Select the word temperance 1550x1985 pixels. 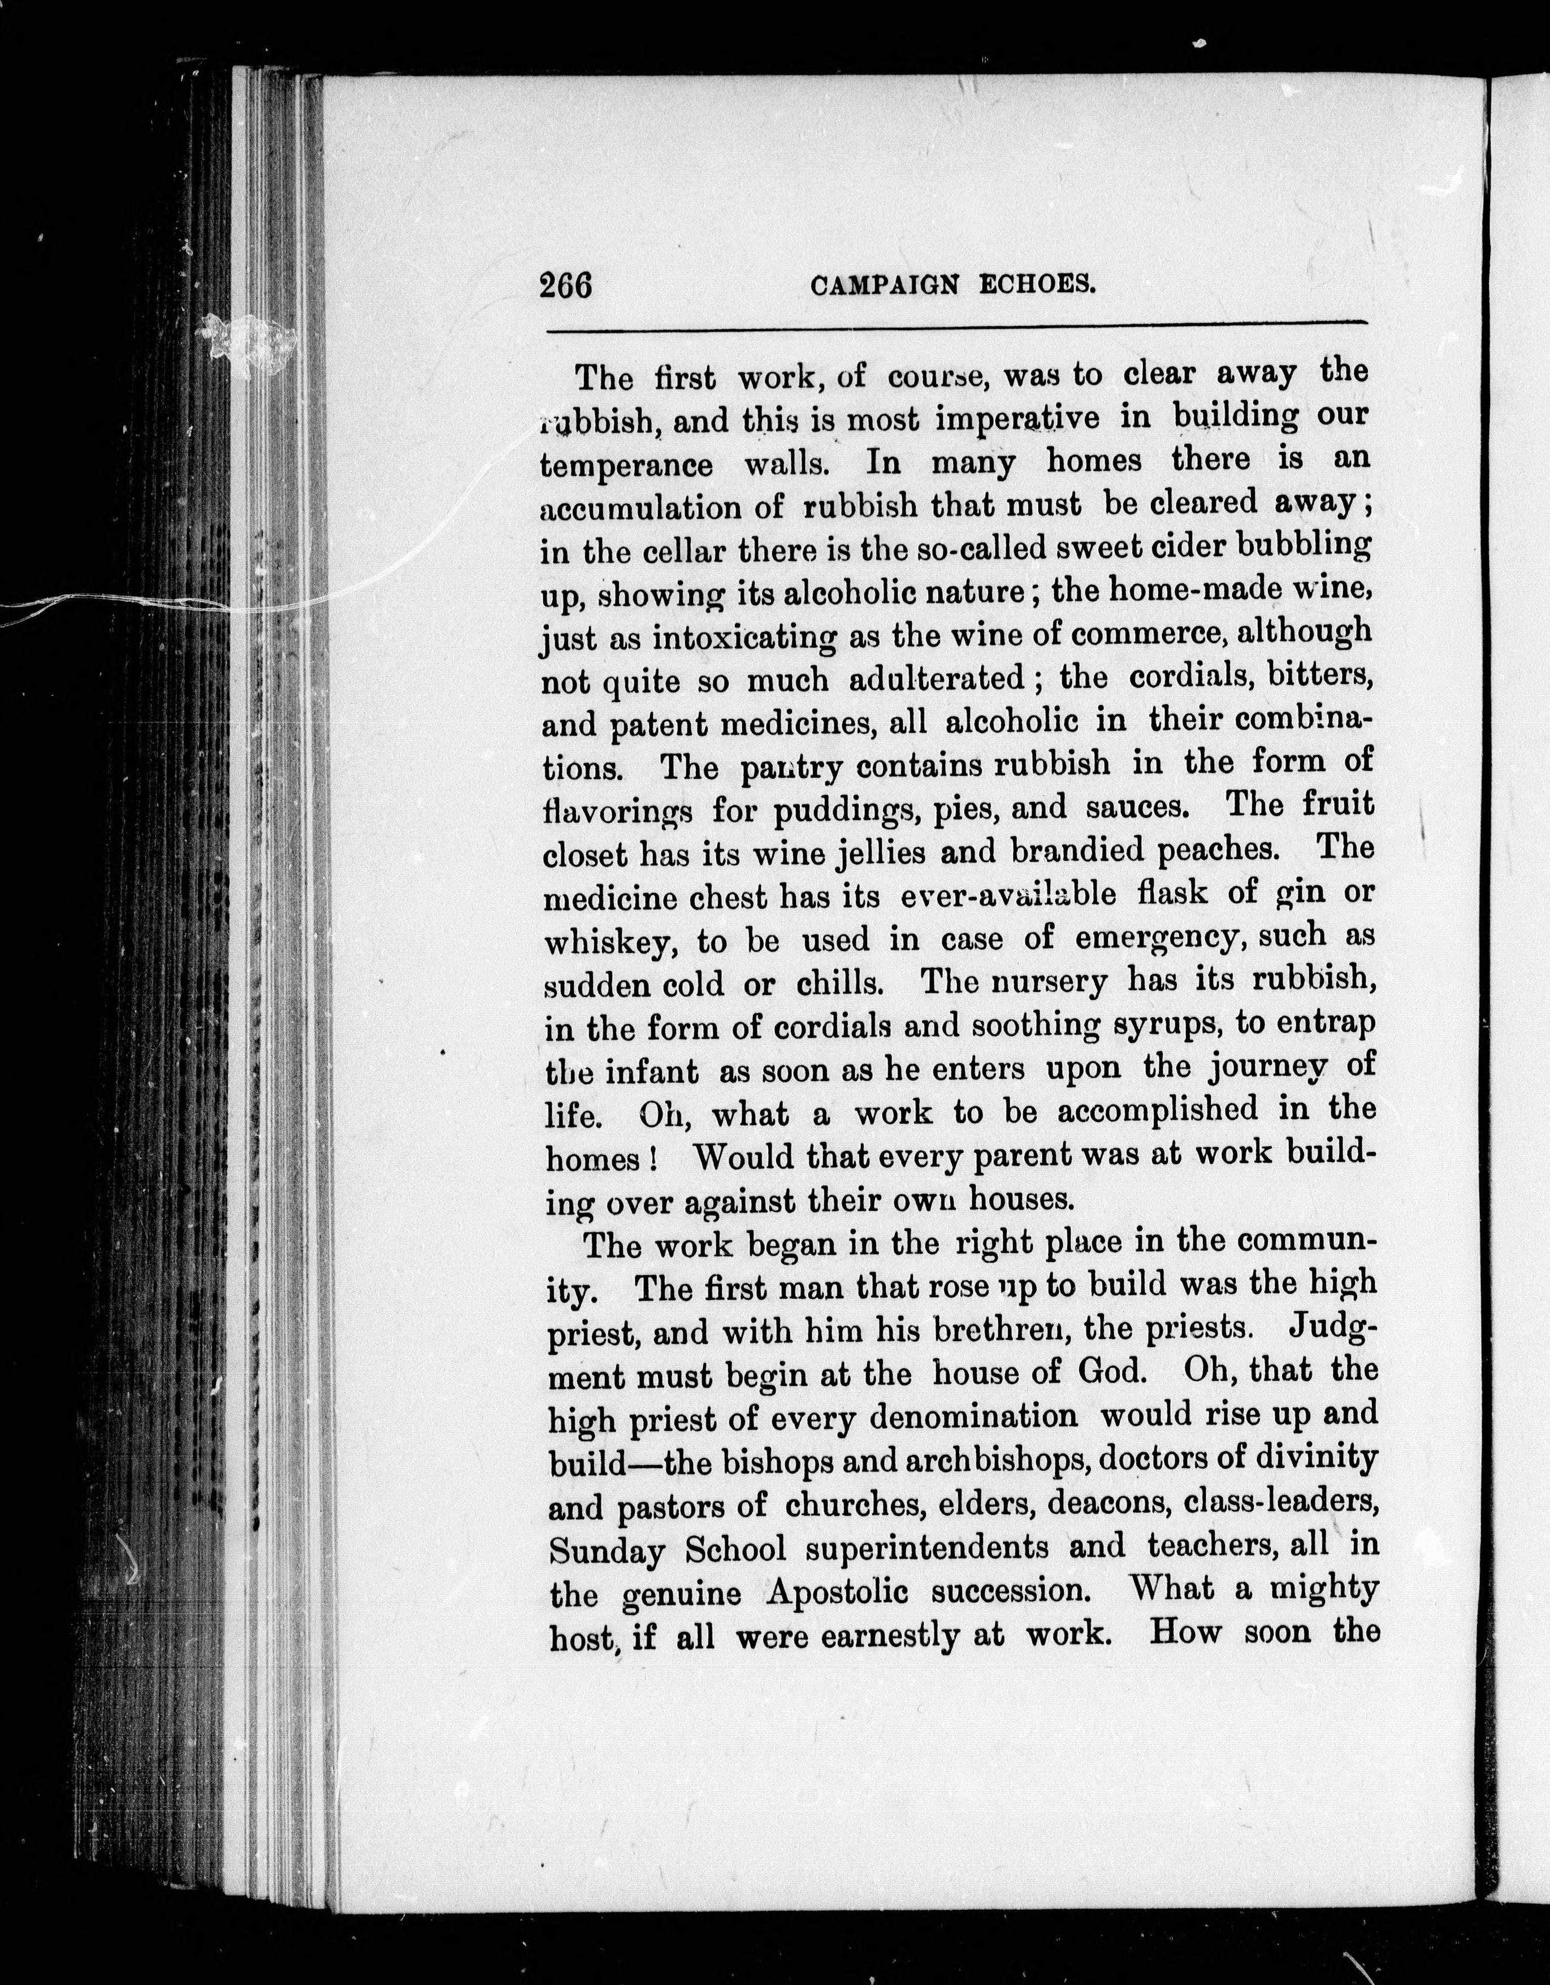[x=626, y=465]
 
